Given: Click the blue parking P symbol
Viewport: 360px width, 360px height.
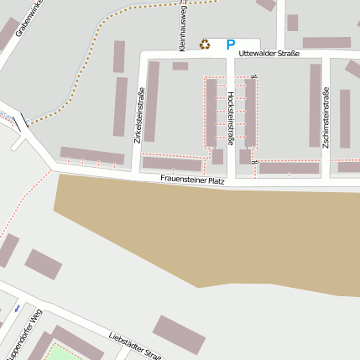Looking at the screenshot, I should (231, 44).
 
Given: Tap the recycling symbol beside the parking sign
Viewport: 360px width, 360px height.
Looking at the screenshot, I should (205, 44).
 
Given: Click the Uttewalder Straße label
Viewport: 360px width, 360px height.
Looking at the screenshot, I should (269, 55).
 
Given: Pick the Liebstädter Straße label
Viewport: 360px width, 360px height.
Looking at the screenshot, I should (134, 345).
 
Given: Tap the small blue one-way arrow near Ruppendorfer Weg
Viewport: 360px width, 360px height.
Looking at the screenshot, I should (16, 309).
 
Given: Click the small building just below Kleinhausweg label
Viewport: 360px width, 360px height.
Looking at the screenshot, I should (180, 65).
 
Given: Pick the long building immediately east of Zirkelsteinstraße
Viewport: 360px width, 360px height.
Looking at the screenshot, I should (152, 101).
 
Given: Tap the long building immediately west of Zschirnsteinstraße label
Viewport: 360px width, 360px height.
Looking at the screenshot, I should (315, 105).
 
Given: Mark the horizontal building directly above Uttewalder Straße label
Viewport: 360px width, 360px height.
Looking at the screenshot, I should (326, 42).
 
